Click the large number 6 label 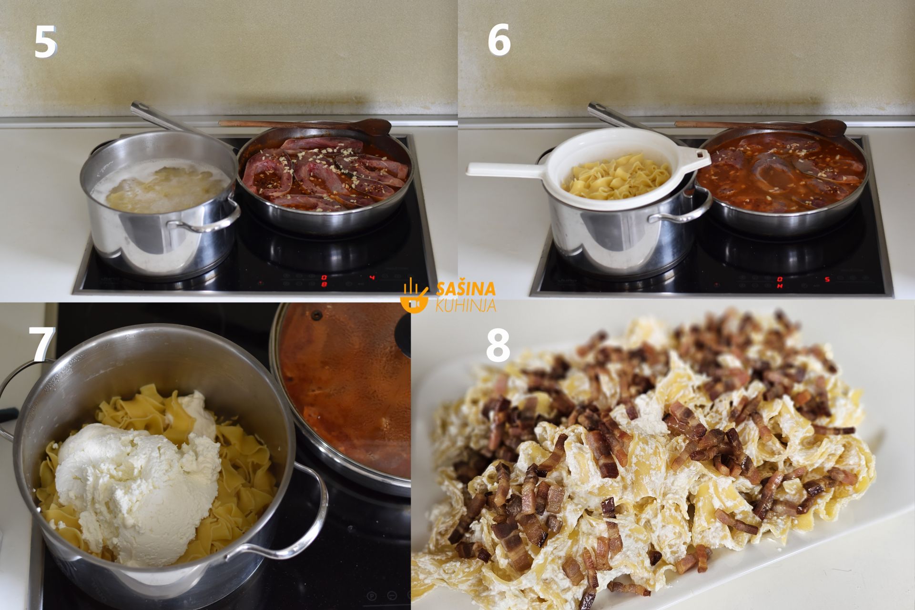tap(499, 40)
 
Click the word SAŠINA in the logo tap(466, 289)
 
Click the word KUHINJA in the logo tap(466, 305)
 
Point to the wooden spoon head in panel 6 tap(830, 128)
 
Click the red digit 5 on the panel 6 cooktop tap(827, 279)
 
